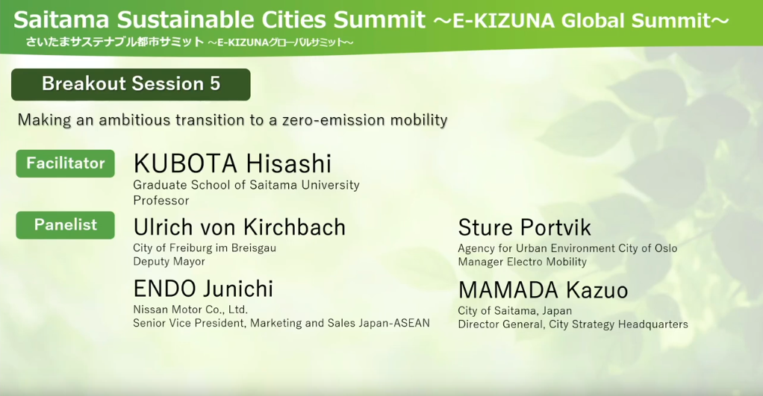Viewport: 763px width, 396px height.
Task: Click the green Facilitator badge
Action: [65, 163]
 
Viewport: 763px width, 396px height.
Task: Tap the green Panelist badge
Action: [65, 225]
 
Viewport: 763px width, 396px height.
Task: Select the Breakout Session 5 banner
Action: [131, 84]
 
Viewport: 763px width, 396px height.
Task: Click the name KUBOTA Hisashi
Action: [233, 163]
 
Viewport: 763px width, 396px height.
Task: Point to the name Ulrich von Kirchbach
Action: [240, 227]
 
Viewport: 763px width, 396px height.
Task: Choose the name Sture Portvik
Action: [525, 227]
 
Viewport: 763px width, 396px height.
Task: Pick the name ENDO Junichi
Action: [203, 289]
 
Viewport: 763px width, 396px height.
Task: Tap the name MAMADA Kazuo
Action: [543, 290]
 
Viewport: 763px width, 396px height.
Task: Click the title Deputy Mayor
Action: [169, 262]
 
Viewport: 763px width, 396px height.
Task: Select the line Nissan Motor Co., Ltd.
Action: [190, 309]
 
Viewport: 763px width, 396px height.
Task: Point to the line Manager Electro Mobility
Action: [522, 262]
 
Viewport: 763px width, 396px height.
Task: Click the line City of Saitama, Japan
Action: [515, 311]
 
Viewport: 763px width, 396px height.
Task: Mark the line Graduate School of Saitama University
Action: [246, 185]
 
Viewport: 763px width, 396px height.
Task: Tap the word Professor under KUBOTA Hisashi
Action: [161, 200]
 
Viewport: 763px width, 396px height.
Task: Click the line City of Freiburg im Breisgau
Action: [205, 248]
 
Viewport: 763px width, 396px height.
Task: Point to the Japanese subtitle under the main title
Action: [190, 43]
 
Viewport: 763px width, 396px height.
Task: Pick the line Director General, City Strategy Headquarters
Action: [573, 324]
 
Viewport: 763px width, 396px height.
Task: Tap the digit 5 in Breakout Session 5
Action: [215, 84]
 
